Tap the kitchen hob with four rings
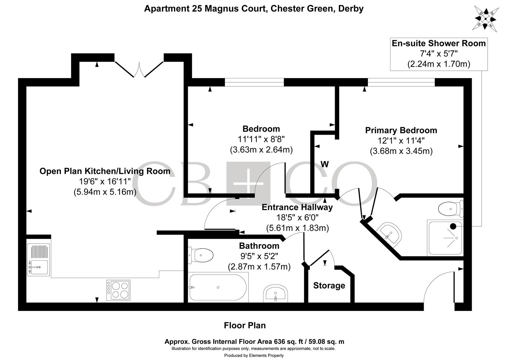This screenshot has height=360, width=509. click(x=118, y=290)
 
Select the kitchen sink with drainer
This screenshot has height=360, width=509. click(x=39, y=260)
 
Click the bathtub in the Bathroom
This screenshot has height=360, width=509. click(x=218, y=287)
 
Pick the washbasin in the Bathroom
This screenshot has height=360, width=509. click(x=275, y=294)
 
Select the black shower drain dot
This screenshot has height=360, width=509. click(x=453, y=226)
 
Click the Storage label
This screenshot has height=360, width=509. click(x=329, y=286)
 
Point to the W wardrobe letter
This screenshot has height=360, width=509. click(x=324, y=164)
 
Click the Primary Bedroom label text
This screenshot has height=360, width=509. click(x=401, y=130)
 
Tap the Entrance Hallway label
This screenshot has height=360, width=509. click(x=297, y=207)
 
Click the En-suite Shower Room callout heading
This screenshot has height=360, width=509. click(x=439, y=43)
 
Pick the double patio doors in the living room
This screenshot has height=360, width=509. click(x=139, y=69)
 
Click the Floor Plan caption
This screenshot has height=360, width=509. click(x=245, y=325)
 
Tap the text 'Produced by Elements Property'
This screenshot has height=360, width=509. click(x=254, y=355)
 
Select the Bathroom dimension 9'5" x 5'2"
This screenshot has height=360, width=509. click(x=259, y=256)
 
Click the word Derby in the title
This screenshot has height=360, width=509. click(x=351, y=9)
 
